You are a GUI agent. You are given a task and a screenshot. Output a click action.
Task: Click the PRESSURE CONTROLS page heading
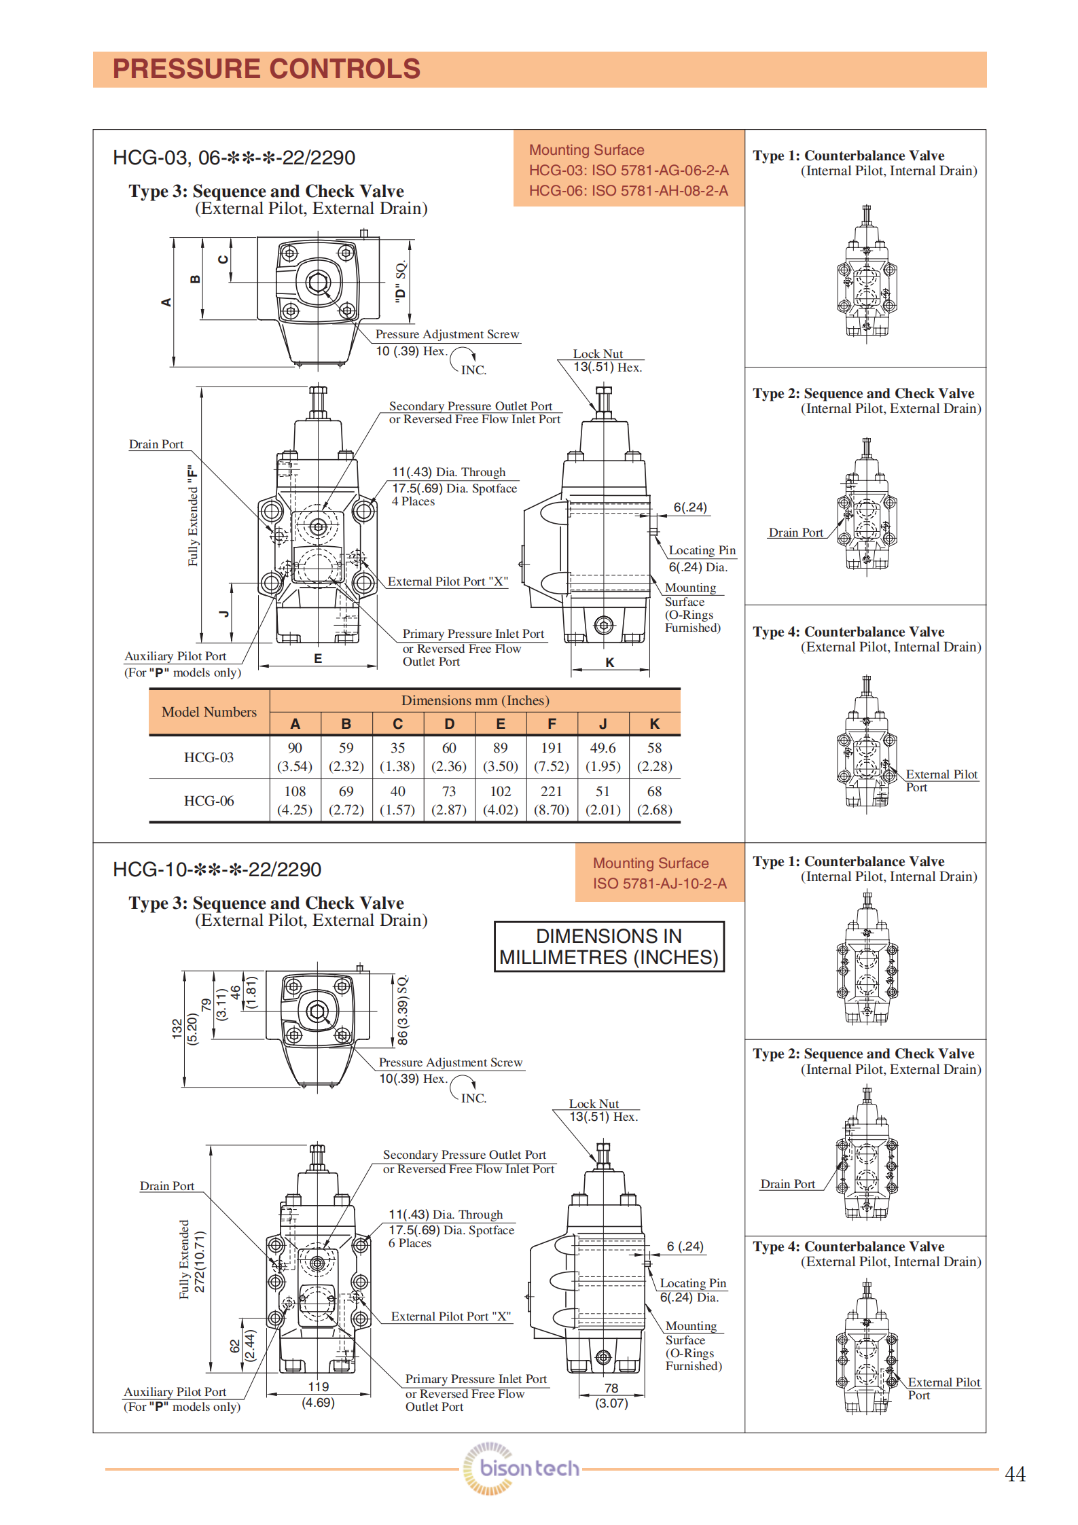[266, 69]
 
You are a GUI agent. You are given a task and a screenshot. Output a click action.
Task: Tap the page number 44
[1014, 1473]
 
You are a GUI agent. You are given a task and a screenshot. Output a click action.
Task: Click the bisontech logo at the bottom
[522, 1468]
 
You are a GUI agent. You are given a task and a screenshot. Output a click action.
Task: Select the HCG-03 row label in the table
[209, 757]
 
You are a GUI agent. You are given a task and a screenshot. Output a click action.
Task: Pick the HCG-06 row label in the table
[209, 801]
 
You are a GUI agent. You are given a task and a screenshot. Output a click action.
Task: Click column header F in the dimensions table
[552, 724]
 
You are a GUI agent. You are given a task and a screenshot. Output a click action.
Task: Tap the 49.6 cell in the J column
[603, 748]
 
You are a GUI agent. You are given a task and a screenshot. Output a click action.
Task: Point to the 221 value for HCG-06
[552, 791]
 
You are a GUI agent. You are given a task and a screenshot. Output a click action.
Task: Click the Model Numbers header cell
[209, 712]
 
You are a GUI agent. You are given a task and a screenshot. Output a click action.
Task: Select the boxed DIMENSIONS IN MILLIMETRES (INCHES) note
[609, 946]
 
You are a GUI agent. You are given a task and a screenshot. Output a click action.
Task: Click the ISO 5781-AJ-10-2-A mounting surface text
[659, 883]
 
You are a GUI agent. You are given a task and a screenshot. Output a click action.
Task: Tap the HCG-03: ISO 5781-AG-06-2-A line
[628, 171]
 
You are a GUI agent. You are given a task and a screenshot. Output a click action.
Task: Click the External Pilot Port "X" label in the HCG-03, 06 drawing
[448, 581]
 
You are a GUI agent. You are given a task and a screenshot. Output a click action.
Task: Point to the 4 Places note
[413, 501]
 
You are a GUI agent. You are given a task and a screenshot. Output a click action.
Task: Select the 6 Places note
[410, 1243]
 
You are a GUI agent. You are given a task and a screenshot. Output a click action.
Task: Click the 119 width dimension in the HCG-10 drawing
[318, 1387]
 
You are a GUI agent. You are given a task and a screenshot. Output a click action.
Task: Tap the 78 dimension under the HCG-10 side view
[611, 1388]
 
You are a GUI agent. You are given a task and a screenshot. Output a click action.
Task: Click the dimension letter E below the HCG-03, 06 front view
[318, 658]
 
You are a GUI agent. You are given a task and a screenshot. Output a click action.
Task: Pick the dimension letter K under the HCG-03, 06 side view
[610, 662]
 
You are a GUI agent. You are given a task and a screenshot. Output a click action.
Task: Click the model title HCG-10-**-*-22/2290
[217, 869]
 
